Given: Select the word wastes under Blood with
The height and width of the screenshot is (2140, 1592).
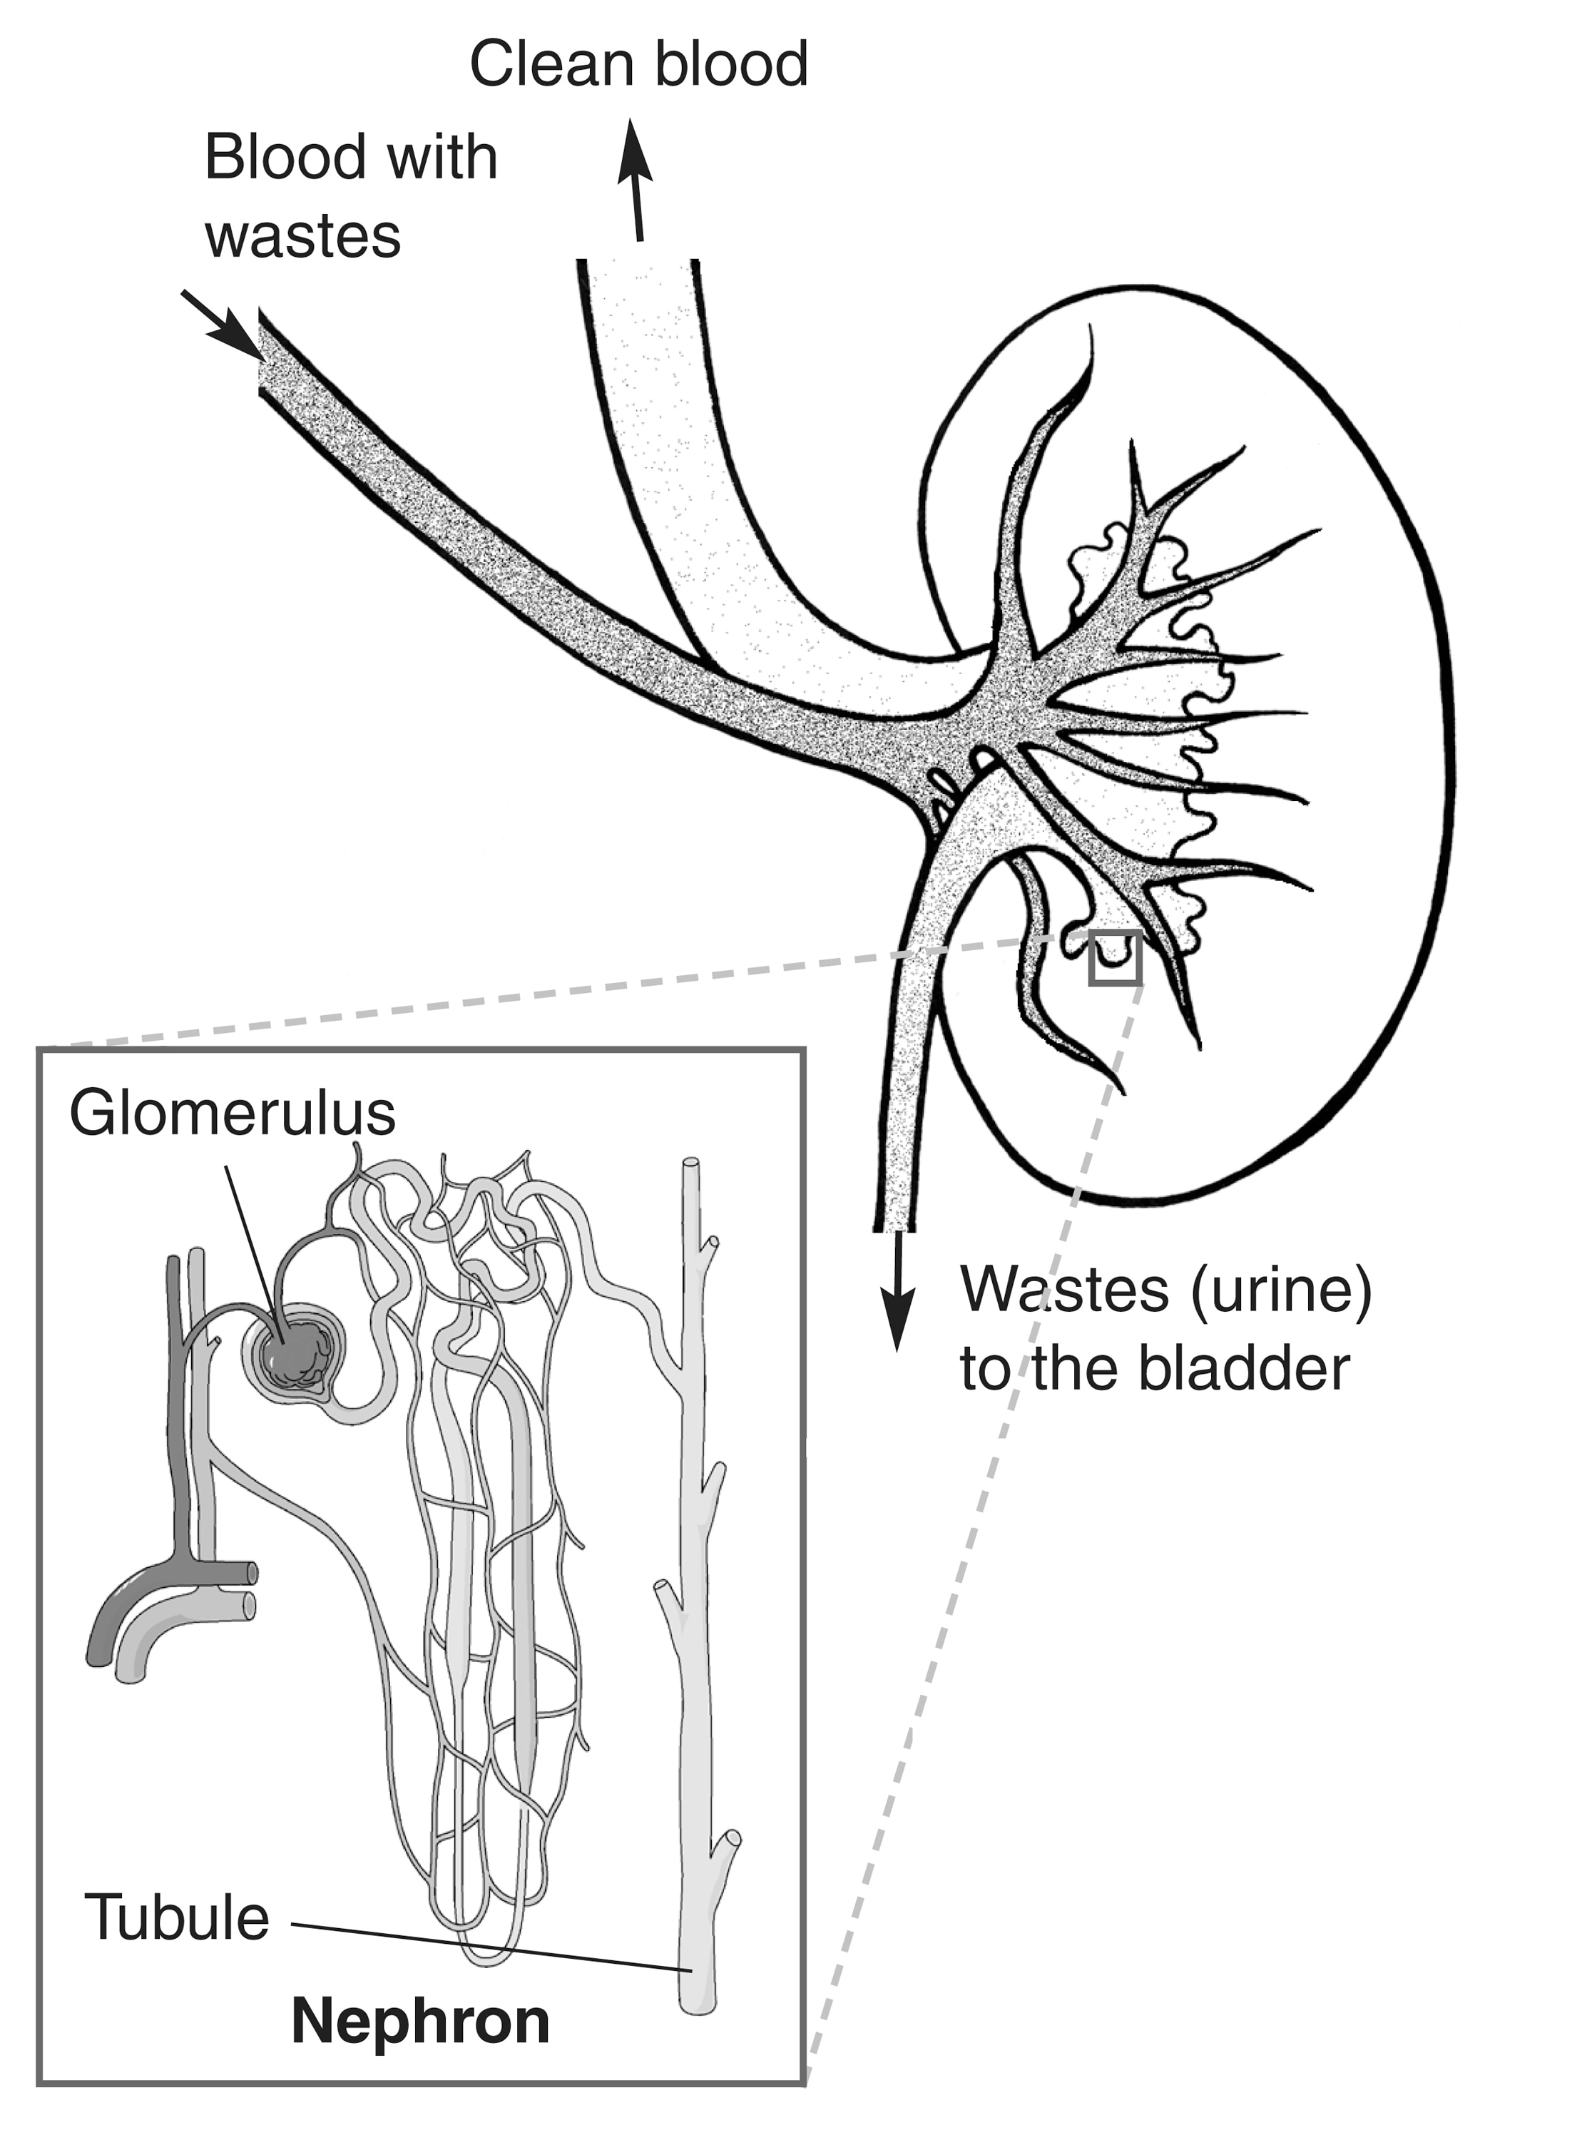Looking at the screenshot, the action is point(302,237).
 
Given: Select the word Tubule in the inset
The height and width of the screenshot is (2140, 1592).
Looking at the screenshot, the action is point(176,1917).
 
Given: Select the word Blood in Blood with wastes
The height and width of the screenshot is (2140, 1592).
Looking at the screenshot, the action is point(282,156).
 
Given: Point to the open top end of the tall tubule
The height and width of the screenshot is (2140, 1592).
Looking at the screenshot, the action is point(691,1165).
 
